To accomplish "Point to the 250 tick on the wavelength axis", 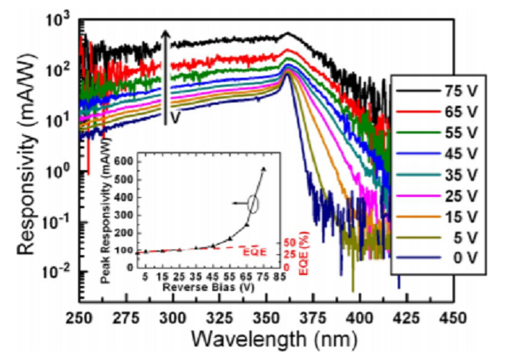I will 78,318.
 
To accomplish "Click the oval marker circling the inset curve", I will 253,204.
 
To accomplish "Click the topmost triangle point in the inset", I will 263,169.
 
